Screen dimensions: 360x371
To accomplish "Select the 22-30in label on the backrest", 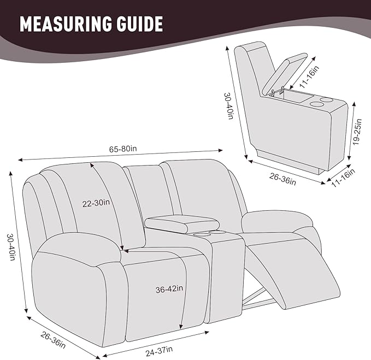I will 97,203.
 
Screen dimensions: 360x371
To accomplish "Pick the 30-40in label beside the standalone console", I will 229,104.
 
